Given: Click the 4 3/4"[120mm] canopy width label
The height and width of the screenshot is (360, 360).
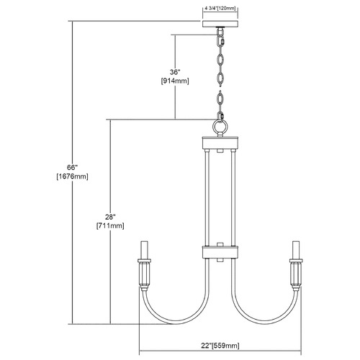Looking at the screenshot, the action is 220,9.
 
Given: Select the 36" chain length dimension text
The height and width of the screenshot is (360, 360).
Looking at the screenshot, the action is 175,72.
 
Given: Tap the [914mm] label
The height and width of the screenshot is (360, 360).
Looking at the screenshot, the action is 175,81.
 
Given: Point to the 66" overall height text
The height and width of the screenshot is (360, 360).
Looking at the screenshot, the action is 73,167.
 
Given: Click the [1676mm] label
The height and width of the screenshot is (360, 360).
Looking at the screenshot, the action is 73,176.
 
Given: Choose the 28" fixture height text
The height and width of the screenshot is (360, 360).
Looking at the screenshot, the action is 110,217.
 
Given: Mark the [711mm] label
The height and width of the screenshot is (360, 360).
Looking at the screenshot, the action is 110,226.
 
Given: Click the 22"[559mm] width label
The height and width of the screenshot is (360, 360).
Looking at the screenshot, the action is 220,346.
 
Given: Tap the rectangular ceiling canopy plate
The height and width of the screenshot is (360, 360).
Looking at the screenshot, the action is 220,24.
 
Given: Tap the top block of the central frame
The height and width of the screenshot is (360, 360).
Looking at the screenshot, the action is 220,143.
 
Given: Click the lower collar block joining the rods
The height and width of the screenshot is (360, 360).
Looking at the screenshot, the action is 220,252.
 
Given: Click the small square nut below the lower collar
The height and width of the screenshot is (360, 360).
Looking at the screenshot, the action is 220,260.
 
